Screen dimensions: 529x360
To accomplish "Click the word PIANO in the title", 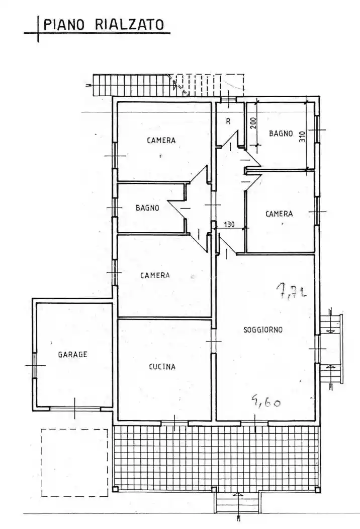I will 62,24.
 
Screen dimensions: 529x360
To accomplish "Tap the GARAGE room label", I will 72,354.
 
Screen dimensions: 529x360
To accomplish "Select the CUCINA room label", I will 162,367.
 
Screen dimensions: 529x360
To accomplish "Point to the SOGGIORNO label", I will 262,330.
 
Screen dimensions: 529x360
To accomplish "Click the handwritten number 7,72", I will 291,291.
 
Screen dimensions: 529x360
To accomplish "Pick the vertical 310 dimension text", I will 302,137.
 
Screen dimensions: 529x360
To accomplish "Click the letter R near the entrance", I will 228,121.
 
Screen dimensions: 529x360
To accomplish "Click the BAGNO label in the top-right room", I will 281,134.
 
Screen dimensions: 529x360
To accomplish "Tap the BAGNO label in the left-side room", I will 147,208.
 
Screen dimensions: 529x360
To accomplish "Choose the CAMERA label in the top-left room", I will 161,141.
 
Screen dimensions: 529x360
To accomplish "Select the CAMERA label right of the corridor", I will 279,214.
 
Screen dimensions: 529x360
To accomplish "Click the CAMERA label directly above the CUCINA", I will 155,275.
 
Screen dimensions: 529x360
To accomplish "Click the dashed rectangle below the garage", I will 74,462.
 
